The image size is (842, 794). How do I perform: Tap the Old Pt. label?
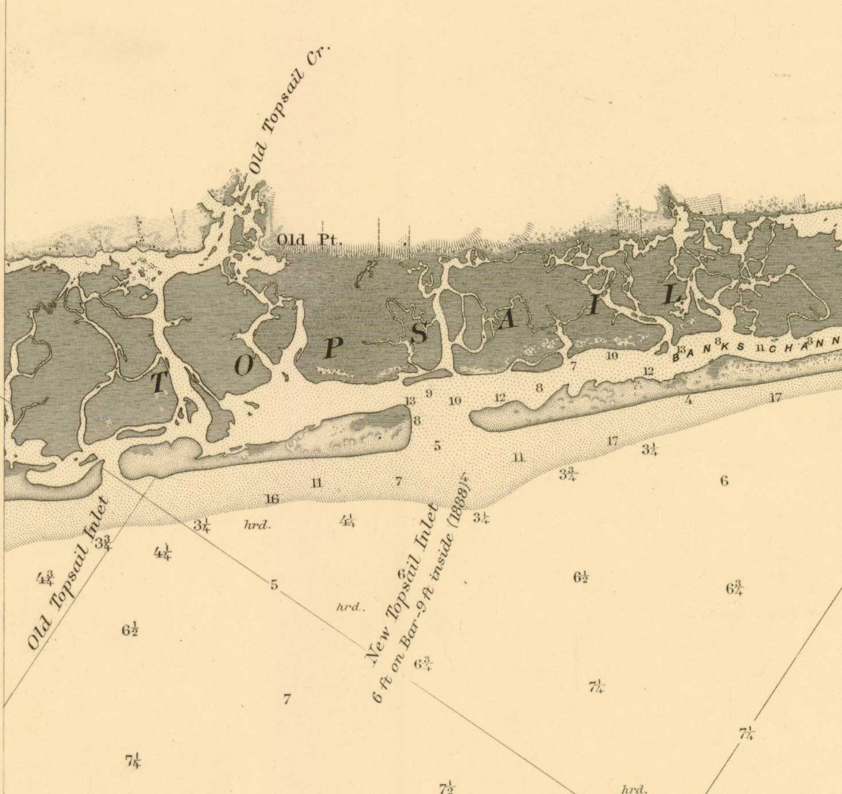309,240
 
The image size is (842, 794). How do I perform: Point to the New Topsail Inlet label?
402,582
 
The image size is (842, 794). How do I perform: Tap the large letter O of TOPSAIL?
243,365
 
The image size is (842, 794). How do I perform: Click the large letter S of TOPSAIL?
420,333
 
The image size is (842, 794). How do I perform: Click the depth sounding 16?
272,499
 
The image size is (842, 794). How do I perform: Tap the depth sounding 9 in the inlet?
428,394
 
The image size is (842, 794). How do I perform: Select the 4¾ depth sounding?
46,578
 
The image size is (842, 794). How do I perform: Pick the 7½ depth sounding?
447,787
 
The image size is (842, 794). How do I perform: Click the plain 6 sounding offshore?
724,481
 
